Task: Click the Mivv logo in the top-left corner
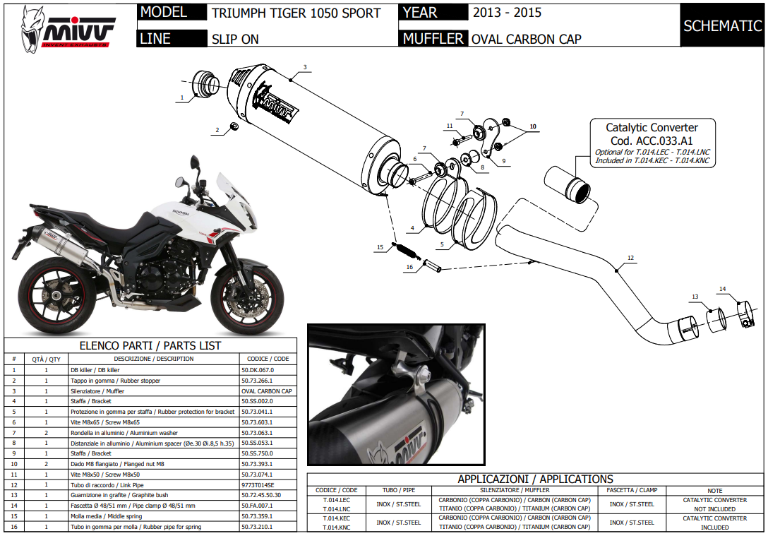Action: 68,28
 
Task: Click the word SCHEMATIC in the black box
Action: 722,26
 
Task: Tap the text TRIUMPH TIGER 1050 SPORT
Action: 296,13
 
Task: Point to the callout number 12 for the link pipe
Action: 630,257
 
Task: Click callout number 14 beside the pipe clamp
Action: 722,289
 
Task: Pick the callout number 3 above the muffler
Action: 305,68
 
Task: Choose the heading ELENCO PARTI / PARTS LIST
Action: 150,346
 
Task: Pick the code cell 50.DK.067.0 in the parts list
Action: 257,369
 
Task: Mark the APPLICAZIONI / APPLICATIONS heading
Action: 535,479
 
